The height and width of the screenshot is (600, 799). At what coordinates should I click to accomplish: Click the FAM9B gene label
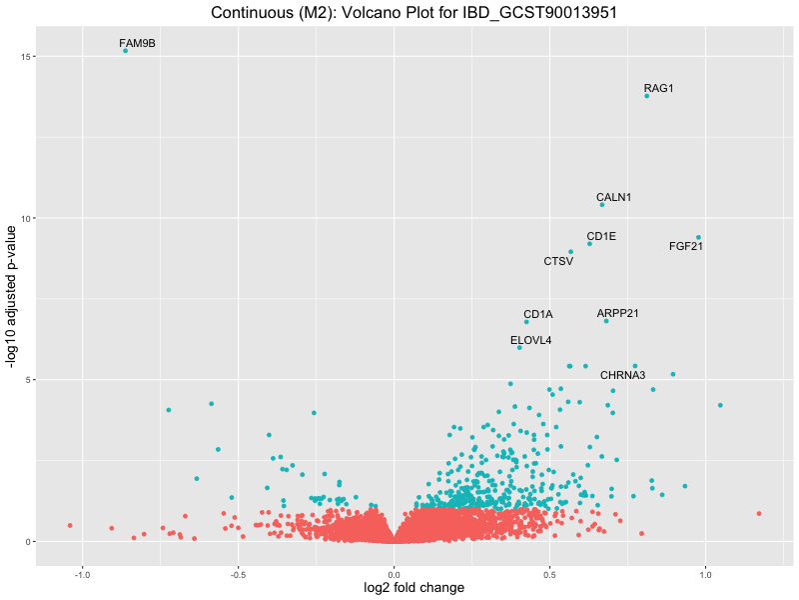137,43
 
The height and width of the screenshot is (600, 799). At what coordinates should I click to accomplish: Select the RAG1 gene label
659,88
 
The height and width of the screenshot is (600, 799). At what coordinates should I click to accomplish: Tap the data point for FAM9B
125,50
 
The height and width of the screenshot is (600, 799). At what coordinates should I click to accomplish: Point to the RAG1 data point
647,96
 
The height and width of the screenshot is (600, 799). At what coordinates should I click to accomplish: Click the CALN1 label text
613,197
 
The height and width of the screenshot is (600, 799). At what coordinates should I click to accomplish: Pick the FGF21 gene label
686,246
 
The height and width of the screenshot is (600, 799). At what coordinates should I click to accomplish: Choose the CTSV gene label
558,261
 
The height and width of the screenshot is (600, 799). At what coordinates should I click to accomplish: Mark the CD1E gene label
601,236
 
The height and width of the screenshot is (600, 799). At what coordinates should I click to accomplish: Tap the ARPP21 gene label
617,313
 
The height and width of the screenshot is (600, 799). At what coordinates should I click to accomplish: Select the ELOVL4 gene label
530,340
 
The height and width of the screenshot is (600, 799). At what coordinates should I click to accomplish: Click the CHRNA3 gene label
622,375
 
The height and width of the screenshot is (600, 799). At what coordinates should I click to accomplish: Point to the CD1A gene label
537,314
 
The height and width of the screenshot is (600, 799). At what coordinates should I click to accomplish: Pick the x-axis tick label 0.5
550,575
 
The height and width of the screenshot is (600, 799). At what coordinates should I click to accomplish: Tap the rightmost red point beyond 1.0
759,513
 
